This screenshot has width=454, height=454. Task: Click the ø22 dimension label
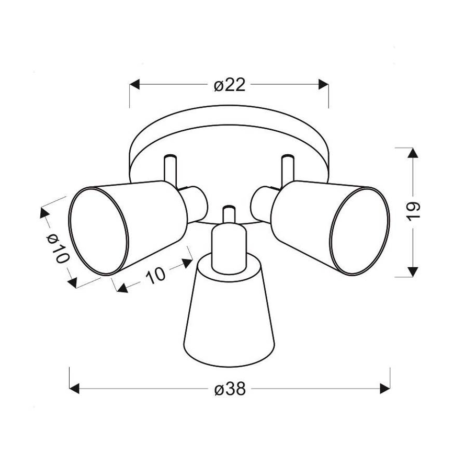coord(230,85)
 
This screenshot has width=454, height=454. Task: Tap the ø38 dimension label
coord(230,389)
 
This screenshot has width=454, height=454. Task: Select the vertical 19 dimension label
coord(413,211)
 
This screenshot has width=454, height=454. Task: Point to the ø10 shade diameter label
coord(58,248)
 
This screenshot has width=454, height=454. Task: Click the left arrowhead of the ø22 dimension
coord(134,85)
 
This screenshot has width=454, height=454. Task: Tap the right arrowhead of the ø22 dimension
coord(323,85)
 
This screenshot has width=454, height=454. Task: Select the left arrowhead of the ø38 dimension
coord(74,389)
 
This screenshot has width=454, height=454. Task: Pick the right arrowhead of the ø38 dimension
coord(385,389)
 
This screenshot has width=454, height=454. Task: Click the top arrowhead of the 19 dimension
coord(413,153)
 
